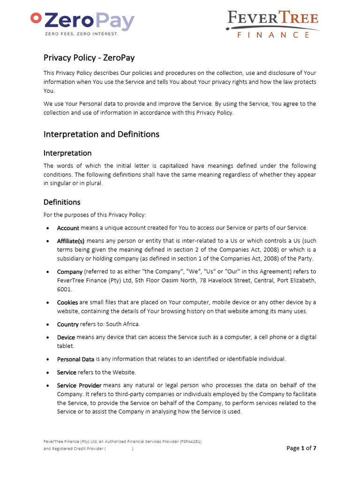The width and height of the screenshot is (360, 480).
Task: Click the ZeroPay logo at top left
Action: point(82,22)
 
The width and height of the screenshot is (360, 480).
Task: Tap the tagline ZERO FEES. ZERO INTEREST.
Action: point(81,34)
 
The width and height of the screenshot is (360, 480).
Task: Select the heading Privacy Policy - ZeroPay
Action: point(89,58)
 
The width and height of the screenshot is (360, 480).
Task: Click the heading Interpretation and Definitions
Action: point(101,134)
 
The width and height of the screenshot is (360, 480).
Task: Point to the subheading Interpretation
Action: point(67,153)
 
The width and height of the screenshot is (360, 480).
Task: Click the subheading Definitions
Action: point(62,202)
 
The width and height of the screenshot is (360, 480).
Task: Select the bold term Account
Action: point(68,228)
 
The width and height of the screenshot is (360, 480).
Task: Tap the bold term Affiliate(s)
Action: point(71,241)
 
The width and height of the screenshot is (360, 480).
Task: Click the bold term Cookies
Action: point(67,302)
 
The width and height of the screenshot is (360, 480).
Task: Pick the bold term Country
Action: point(67,324)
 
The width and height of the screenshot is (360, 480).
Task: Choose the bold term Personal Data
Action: point(75,359)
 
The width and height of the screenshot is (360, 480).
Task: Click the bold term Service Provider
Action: point(79,385)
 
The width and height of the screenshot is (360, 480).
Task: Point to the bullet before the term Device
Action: point(49,337)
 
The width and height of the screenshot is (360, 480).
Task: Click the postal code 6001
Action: point(64,289)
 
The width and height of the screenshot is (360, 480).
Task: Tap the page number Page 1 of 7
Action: point(301,449)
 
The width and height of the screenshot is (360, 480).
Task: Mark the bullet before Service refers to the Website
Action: point(49,373)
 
